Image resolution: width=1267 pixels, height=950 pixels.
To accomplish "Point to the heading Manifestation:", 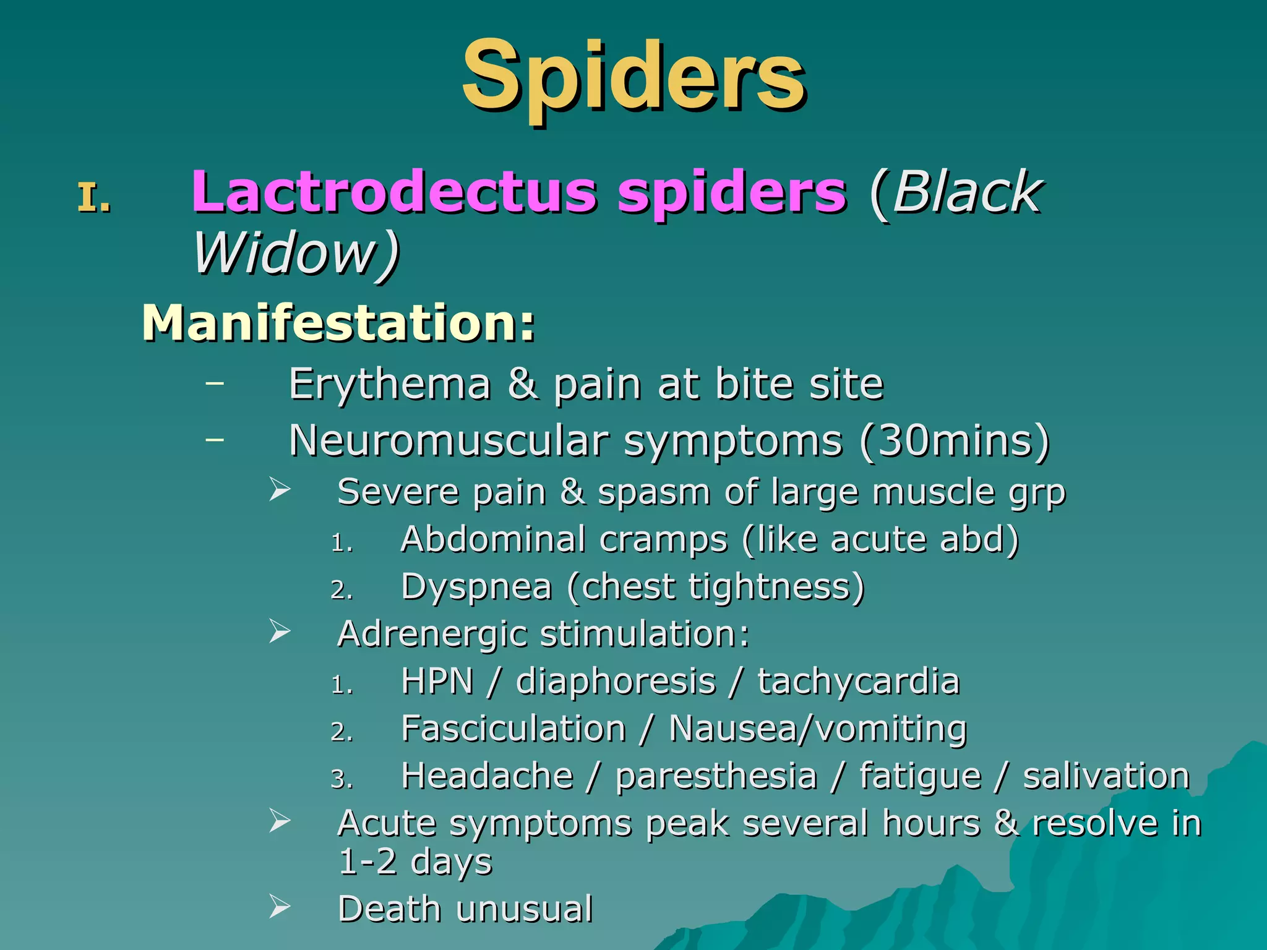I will pyautogui.click(x=338, y=323).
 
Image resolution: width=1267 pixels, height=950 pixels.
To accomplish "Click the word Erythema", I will pyautogui.click(x=390, y=385).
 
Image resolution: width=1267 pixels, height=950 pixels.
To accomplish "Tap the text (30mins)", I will pyautogui.click(x=955, y=440).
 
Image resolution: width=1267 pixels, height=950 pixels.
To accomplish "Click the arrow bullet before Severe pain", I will pyautogui.click(x=280, y=490).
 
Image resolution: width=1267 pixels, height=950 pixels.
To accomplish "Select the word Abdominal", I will pyautogui.click(x=492, y=539).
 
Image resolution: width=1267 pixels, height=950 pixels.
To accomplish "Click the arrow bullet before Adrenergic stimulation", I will pyautogui.click(x=280, y=631).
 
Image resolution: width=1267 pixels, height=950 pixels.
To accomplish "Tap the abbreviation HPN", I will pyautogui.click(x=437, y=681).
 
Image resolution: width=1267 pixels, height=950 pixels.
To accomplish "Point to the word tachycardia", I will pyautogui.click(x=859, y=681).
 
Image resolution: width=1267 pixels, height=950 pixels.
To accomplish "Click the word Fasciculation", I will pyautogui.click(x=513, y=728).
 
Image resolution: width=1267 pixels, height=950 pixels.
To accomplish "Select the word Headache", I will pyautogui.click(x=487, y=776).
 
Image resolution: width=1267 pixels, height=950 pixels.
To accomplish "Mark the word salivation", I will pyautogui.click(x=1106, y=776).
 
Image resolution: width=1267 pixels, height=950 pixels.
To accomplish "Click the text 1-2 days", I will pyautogui.click(x=415, y=862).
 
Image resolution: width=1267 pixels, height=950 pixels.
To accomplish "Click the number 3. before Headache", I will pyautogui.click(x=341, y=779).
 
